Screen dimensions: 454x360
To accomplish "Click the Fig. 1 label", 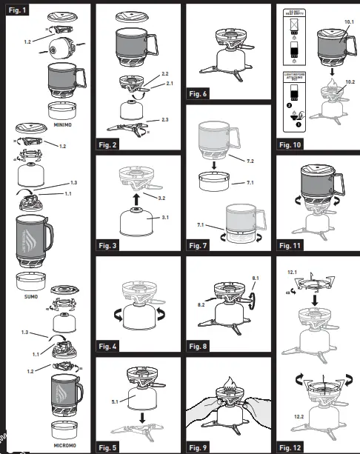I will [x=19, y=10].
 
